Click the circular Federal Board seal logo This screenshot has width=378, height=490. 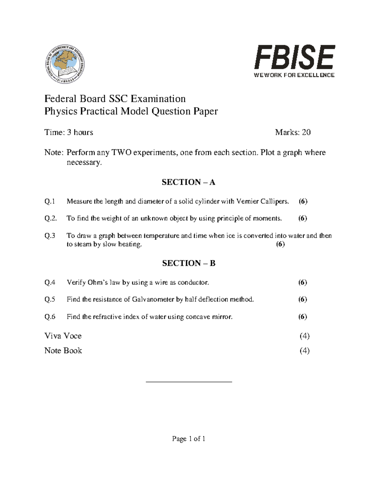(x=65, y=64)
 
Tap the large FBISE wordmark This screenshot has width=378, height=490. (x=295, y=57)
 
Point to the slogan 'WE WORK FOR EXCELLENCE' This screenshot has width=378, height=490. (x=294, y=75)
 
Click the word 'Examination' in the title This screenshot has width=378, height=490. (x=158, y=99)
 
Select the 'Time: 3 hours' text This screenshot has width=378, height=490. (x=69, y=132)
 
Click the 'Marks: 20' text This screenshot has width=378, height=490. (x=293, y=132)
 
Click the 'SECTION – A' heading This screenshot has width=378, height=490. (x=188, y=182)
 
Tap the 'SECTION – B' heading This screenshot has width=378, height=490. (x=189, y=263)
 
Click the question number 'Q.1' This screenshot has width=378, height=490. (x=50, y=201)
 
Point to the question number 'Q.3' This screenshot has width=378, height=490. (x=50, y=236)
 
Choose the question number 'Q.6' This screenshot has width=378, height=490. (x=50, y=317)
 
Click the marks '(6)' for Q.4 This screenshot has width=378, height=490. (x=302, y=282)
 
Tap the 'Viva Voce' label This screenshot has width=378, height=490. (x=63, y=336)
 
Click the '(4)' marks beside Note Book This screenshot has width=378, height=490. (x=305, y=351)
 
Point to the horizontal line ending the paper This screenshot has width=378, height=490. (x=189, y=382)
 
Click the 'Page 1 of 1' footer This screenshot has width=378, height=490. (x=189, y=439)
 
